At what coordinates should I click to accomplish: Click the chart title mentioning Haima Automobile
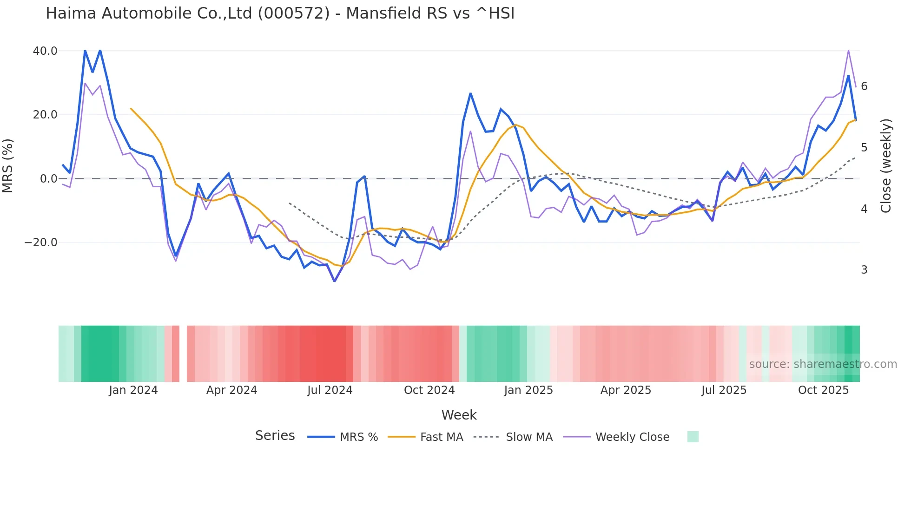pyautogui.click(x=280, y=13)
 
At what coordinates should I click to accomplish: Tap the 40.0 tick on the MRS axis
pyautogui.click(x=45, y=51)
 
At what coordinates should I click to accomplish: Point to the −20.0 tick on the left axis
pyautogui.click(x=41, y=243)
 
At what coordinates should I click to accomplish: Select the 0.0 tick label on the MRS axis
pyautogui.click(x=49, y=179)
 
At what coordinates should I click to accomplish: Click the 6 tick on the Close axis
pyautogui.click(x=864, y=86)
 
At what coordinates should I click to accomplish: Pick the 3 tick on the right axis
pyautogui.click(x=864, y=270)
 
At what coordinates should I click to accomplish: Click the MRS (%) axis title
pyautogui.click(x=8, y=166)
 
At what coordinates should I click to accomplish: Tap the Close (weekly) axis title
pyautogui.click(x=886, y=166)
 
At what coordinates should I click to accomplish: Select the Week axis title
pyautogui.click(x=459, y=415)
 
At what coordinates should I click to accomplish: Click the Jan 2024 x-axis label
pyautogui.click(x=133, y=390)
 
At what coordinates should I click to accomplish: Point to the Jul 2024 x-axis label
pyautogui.click(x=330, y=390)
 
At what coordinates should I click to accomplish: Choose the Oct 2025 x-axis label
pyautogui.click(x=823, y=390)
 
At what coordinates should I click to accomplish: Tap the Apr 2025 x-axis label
pyautogui.click(x=626, y=390)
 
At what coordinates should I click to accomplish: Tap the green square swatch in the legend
pyautogui.click(x=693, y=437)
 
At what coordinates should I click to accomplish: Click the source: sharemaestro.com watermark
pyautogui.click(x=823, y=364)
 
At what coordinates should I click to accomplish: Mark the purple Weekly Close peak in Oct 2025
pyautogui.click(x=848, y=50)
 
